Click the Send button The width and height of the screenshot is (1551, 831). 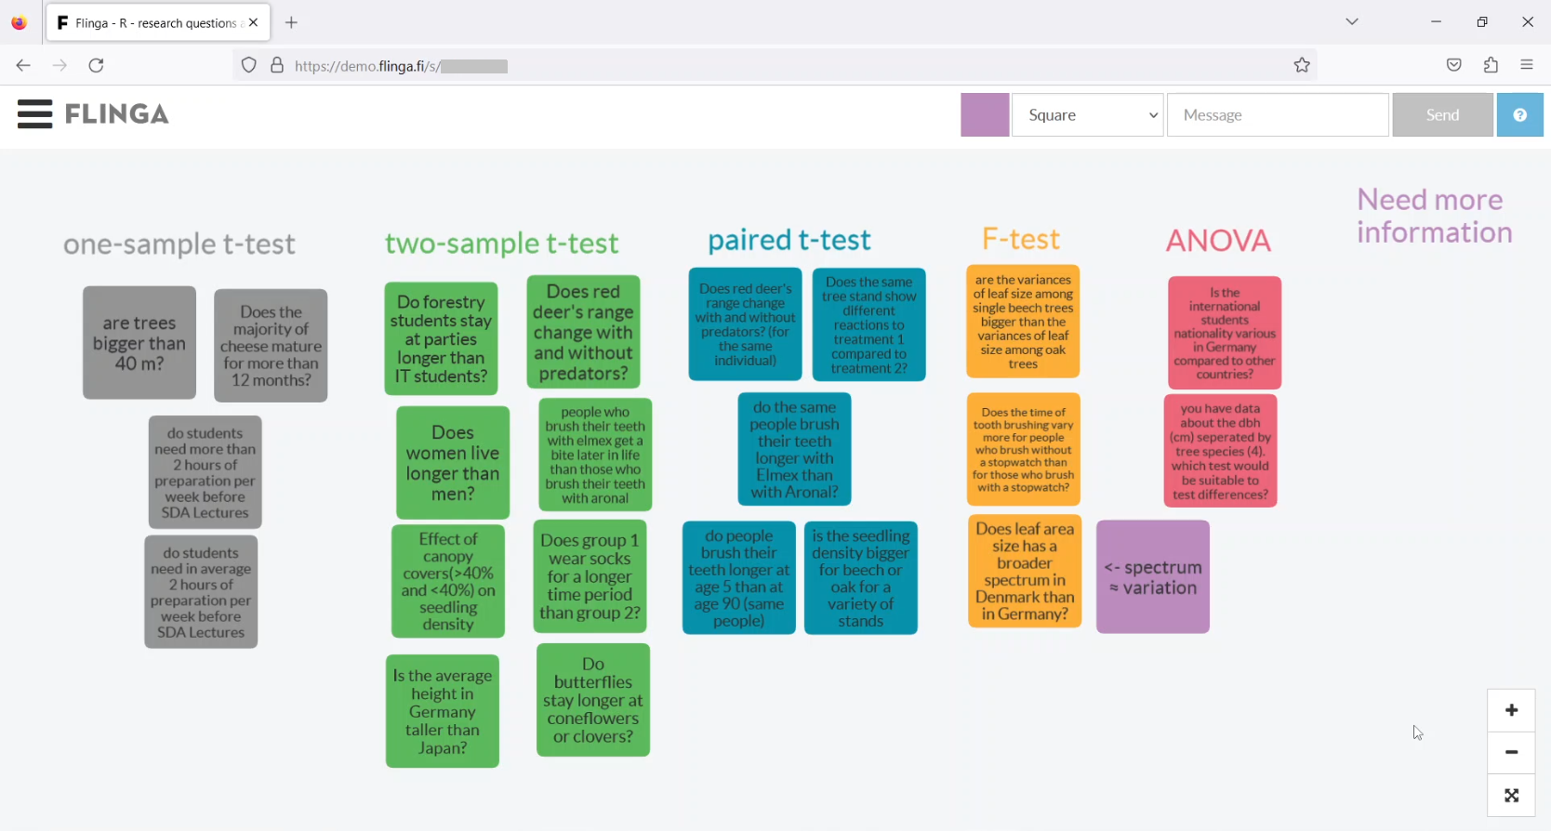point(1442,115)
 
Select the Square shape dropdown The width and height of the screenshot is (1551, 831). point(1087,115)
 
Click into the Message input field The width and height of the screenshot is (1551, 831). point(1278,115)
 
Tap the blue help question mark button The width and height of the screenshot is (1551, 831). point(1519,115)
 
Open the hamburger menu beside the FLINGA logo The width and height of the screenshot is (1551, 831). point(34,113)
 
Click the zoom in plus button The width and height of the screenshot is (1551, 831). point(1511,710)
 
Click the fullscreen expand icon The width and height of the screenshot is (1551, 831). point(1511,795)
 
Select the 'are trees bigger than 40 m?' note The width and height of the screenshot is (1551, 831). point(139,342)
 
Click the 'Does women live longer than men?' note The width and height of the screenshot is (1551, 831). point(453,462)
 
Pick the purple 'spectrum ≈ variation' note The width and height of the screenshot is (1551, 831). point(1153,576)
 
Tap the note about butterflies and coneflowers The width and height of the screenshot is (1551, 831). point(593,700)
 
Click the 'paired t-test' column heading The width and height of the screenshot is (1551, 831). point(789,240)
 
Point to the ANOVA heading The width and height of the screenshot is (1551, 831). point(1218,241)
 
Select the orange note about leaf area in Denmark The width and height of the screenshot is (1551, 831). point(1025,571)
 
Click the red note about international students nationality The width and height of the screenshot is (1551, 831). point(1225,333)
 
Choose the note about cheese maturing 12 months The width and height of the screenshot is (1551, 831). point(271,345)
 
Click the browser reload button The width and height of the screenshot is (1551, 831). point(97,65)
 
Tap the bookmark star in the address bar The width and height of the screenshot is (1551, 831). point(1302,65)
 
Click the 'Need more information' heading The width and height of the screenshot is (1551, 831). point(1434,216)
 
